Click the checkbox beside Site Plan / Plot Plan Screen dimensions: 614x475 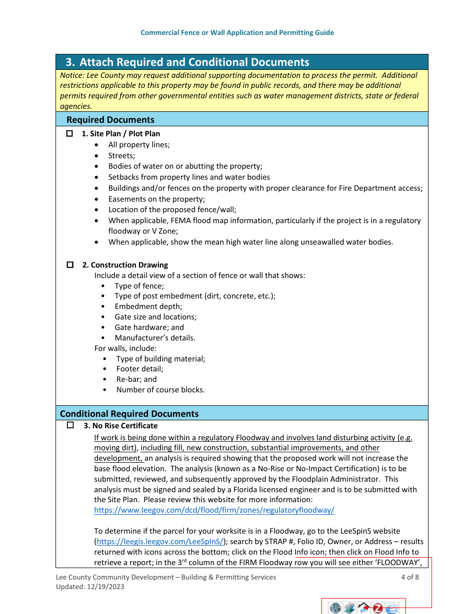pos(70,134)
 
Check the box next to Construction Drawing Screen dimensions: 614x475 pos(70,265)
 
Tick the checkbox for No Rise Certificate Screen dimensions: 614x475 pos(70,425)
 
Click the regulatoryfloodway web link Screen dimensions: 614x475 pos(214,510)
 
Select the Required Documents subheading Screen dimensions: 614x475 pos(110,120)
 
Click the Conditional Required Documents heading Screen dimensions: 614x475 pos(129,414)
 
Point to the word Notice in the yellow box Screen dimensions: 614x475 pos(71,75)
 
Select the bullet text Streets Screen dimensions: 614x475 pos(121,156)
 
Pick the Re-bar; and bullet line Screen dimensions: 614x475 pos(136,379)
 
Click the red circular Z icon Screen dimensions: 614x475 pos(378,608)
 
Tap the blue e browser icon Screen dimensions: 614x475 pos(392,608)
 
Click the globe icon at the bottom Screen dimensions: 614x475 pos(335,608)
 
